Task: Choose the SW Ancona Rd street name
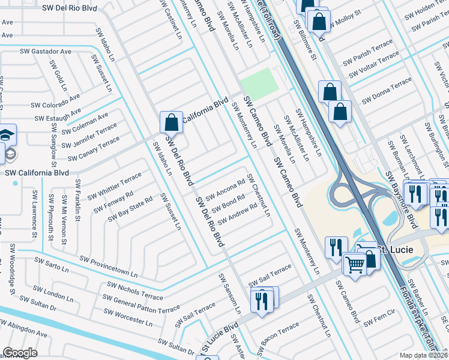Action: (225, 190)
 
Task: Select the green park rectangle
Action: (259, 85)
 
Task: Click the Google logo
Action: (20, 352)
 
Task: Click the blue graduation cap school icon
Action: (8, 135)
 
